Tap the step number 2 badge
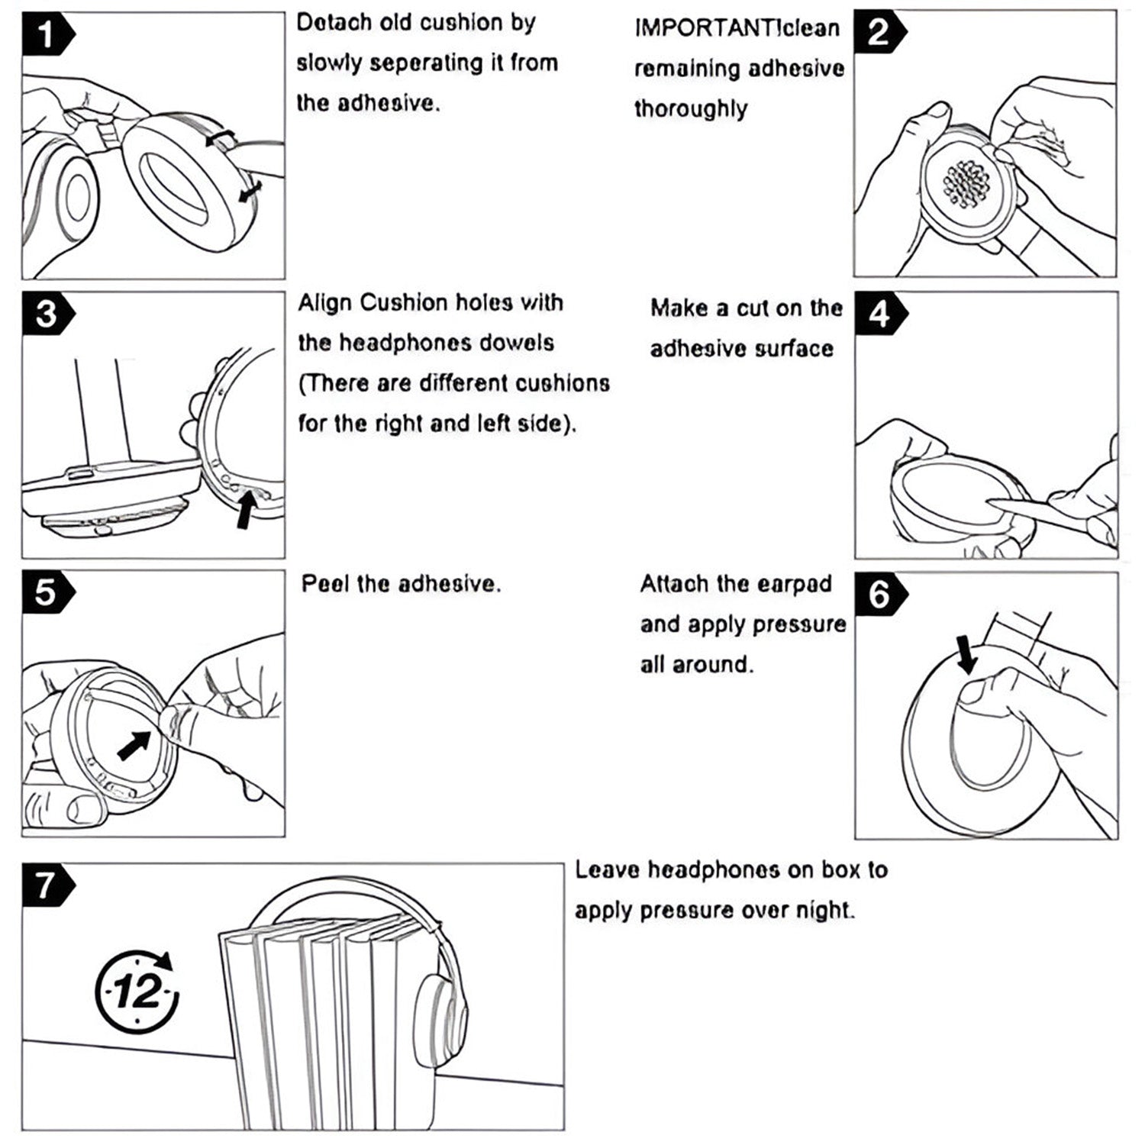tap(879, 32)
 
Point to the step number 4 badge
tap(880, 314)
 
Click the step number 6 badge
tap(880, 594)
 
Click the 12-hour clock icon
tap(138, 992)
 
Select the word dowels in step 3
tap(516, 343)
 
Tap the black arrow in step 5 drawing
tap(134, 745)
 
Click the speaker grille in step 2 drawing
tap(967, 184)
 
